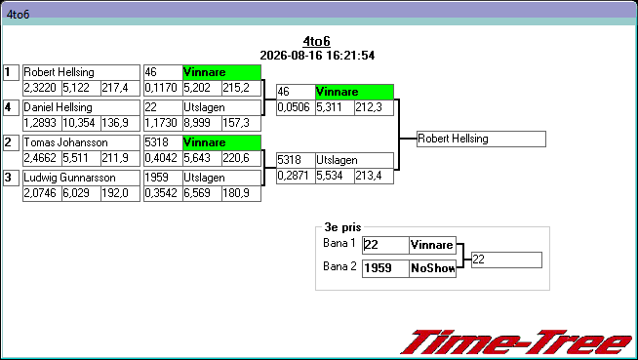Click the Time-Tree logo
[x=517, y=342]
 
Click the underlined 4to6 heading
[x=316, y=41]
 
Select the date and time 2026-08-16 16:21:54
[x=317, y=56]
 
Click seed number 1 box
[x=11, y=73]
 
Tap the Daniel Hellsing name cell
[x=81, y=107]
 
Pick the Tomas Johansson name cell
[x=81, y=142]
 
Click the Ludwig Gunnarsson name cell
[x=81, y=178]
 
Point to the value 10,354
[x=81, y=123]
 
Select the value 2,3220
[x=42, y=88]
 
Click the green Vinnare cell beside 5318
[x=221, y=142]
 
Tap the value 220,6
[x=241, y=158]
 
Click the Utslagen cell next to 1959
[x=221, y=178]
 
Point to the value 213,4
[x=374, y=176]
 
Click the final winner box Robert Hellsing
[x=481, y=140]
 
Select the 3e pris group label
[x=342, y=227]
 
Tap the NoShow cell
[x=432, y=268]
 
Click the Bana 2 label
[x=339, y=266]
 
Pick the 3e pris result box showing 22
[x=506, y=260]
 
